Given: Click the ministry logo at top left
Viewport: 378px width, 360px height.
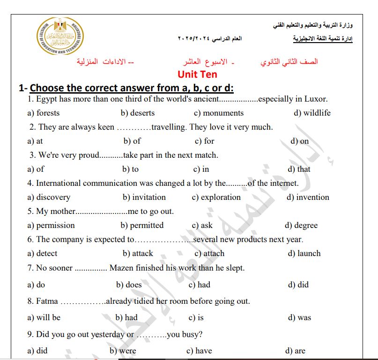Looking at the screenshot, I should [x=59, y=37].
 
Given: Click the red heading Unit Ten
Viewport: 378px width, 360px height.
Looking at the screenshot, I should [x=197, y=74].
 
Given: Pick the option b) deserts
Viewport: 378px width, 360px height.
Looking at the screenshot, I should [x=137, y=113].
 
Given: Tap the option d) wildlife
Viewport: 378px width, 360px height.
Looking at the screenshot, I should [x=312, y=113].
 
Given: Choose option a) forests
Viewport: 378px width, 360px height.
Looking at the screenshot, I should [x=44, y=113].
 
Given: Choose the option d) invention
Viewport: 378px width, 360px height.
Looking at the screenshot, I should [x=308, y=197].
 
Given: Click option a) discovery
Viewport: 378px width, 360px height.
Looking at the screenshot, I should [x=49, y=197].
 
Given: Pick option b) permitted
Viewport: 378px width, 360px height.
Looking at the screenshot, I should [x=142, y=225].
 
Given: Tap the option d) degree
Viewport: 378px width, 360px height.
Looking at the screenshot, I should [x=301, y=225].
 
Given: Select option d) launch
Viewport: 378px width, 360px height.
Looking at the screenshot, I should [x=304, y=253].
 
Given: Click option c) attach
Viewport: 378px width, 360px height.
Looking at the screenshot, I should [x=209, y=253].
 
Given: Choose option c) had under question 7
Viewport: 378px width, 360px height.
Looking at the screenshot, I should [x=199, y=285].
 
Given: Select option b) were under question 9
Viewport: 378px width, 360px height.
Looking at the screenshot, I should [x=123, y=351].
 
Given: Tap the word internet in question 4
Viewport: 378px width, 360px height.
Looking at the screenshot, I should [x=284, y=183].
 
